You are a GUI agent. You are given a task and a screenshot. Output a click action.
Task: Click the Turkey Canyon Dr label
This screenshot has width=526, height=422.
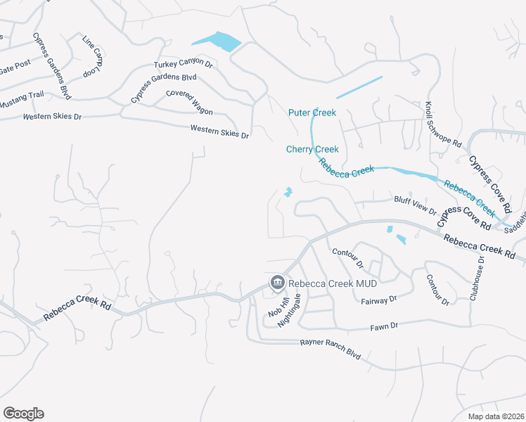tap(184, 64)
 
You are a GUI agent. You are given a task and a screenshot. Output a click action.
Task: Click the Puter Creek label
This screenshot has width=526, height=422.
tap(312, 113)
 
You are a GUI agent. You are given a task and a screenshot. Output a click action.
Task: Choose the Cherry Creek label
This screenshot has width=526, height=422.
tap(312, 149)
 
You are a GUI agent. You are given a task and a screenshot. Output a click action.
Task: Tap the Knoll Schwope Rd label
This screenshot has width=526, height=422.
tap(442, 124)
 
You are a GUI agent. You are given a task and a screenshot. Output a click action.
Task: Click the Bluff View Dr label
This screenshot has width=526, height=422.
tap(415, 206)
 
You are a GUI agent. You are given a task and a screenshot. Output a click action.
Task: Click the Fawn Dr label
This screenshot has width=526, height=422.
tap(384, 326)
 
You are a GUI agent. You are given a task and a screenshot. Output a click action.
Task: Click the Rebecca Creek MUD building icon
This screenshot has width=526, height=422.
tap(277, 283)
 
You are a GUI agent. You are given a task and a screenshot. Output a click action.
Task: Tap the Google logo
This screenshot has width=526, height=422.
tap(23, 413)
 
